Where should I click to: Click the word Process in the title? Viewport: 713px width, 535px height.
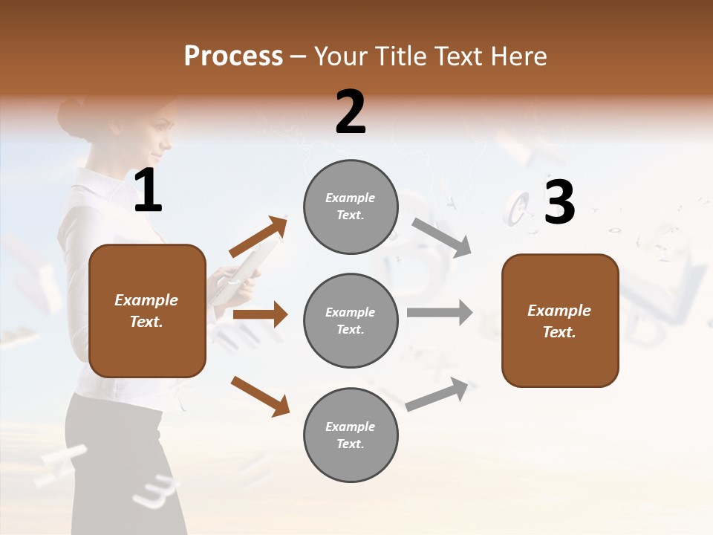(x=233, y=56)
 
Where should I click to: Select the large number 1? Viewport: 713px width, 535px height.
(x=148, y=192)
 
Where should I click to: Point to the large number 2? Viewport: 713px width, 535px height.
(x=351, y=112)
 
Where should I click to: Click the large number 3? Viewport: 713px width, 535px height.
(x=559, y=202)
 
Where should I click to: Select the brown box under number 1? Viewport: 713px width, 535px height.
(x=147, y=311)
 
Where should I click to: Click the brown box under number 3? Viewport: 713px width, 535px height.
(x=560, y=321)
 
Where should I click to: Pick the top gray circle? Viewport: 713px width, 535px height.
(x=351, y=207)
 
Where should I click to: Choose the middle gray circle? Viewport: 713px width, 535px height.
(x=351, y=321)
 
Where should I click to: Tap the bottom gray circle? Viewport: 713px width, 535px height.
(x=351, y=435)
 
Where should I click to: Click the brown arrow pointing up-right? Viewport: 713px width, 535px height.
(x=258, y=237)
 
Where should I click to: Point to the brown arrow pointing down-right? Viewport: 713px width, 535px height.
(x=260, y=396)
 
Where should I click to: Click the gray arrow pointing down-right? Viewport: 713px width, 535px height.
(x=441, y=237)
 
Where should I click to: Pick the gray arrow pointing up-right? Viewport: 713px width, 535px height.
(x=437, y=395)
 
